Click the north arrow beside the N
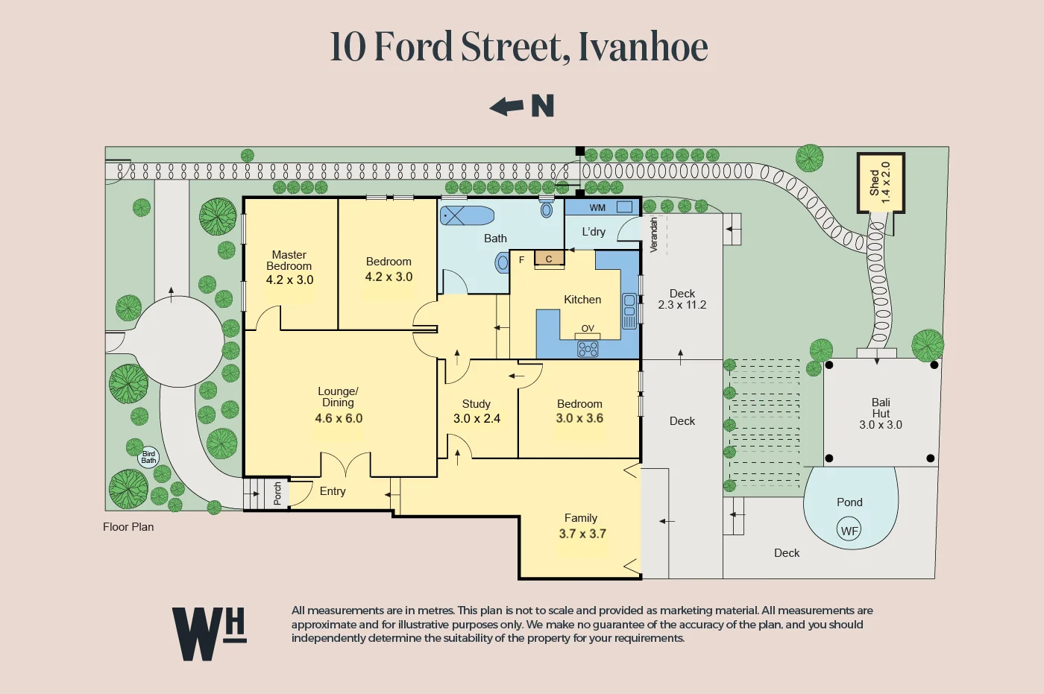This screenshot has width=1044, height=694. coord(507,107)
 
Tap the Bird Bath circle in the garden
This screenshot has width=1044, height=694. coord(148,457)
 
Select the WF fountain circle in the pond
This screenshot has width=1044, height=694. coord(849,531)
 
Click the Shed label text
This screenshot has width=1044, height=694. coord(874,183)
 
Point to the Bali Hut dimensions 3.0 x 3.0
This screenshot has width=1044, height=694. coord(880,425)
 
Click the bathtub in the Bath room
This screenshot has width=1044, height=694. coord(467,215)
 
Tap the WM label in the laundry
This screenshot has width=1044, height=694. coord(597,208)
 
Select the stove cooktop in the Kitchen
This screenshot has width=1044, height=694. coord(588,348)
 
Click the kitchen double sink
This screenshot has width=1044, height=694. coord(629,311)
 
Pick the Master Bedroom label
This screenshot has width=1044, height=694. coord(289,260)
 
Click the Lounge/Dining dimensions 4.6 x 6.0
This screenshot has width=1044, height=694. coord(339,419)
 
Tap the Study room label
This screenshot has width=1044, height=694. coord(476,404)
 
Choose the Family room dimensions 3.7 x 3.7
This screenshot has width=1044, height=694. coord(582,534)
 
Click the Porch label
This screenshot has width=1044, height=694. coord(277,493)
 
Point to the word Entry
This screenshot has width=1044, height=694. coord(333,491)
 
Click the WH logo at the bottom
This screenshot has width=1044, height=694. coord(209,634)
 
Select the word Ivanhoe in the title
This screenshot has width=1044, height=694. coord(643,47)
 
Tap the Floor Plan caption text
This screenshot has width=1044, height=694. coord(128,527)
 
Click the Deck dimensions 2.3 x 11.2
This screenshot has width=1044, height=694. coord(682,305)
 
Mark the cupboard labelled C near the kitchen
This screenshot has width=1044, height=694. coord(549,259)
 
